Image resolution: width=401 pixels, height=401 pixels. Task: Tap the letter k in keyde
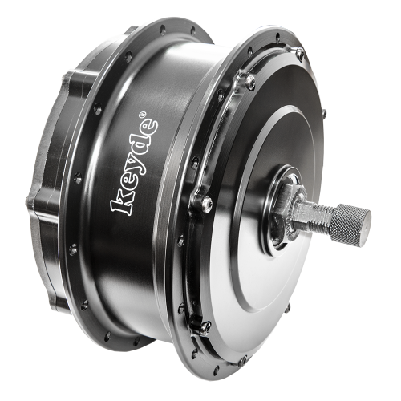(x=121, y=205)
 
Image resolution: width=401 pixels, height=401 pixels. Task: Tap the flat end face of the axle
(x=367, y=217)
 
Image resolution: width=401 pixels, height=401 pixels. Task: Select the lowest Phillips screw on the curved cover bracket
(x=205, y=327)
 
